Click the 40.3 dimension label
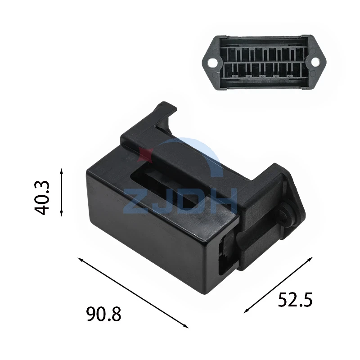tap(42, 198)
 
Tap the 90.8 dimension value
tap(103, 314)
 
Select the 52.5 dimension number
tap(295, 300)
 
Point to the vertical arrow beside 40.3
tap(61, 192)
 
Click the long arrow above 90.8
tap(133, 293)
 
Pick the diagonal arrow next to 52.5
tap(278, 285)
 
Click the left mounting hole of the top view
tap(212, 62)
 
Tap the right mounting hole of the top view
tap(316, 62)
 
